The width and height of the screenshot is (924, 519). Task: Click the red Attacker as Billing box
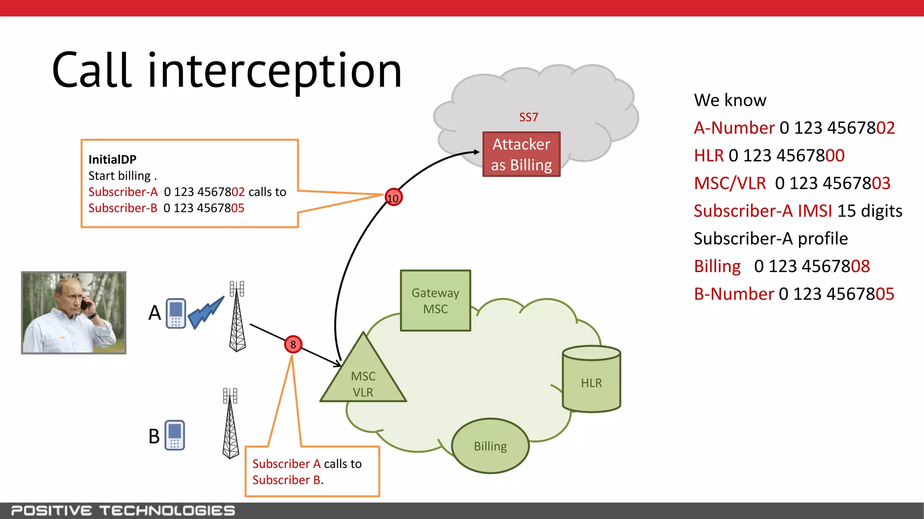point(521,155)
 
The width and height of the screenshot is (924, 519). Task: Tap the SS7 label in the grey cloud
point(528,118)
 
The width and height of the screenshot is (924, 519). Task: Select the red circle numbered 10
point(393,198)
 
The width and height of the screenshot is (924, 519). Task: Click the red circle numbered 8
point(293,345)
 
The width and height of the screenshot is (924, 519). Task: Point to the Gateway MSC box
point(435,301)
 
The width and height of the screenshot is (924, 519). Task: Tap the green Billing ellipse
point(490,446)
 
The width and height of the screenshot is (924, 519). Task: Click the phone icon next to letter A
point(176,313)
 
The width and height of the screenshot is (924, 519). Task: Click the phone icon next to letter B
point(175,435)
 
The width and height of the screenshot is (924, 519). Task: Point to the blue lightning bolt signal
point(206,312)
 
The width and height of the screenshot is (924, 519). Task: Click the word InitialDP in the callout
point(112,159)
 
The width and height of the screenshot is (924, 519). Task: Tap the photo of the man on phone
point(74,313)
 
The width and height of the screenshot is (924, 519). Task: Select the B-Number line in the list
point(793,294)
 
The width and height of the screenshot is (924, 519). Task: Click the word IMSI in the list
point(814,211)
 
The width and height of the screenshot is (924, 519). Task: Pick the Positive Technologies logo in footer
point(123,510)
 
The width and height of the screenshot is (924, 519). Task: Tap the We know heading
point(730,100)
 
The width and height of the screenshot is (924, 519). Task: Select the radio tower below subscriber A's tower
point(231,423)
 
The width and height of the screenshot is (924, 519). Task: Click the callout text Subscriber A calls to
point(307,464)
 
